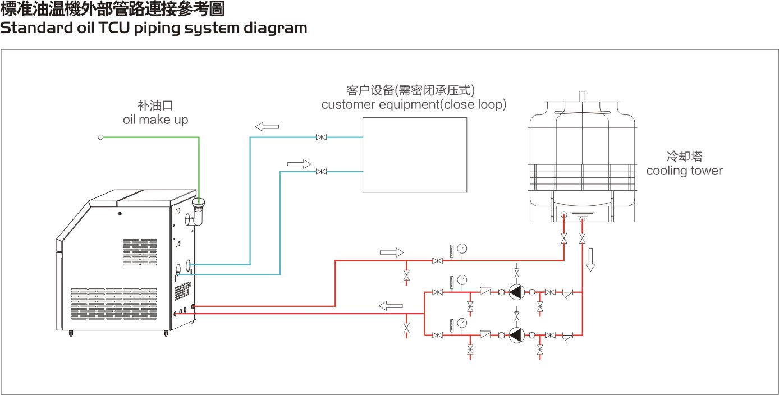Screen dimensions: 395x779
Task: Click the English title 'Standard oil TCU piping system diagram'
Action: click(x=153, y=29)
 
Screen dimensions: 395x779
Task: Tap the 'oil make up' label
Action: click(x=155, y=120)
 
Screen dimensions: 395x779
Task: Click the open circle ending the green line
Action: click(x=100, y=137)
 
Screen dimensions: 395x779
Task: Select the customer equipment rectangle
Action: click(x=414, y=155)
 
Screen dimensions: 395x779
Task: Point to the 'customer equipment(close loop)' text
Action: click(x=414, y=104)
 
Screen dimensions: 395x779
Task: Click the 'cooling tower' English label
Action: click(x=684, y=171)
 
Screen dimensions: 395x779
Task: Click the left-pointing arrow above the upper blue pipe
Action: click(x=267, y=127)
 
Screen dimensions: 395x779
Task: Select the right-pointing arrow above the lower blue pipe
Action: click(x=299, y=164)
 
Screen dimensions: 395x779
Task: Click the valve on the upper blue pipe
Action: click(x=322, y=137)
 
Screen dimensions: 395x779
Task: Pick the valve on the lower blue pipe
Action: click(x=322, y=172)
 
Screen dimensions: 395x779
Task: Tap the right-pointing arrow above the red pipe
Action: click(x=391, y=252)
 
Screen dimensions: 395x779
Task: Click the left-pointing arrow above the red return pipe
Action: click(x=391, y=306)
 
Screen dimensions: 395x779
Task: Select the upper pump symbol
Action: click(x=516, y=292)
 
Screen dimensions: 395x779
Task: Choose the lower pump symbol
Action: click(x=516, y=335)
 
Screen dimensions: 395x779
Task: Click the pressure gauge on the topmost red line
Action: click(x=462, y=248)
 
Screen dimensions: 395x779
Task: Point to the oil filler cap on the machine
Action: click(x=199, y=203)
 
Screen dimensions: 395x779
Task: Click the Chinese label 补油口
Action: click(x=155, y=105)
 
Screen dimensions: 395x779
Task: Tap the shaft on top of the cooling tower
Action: click(x=582, y=96)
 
